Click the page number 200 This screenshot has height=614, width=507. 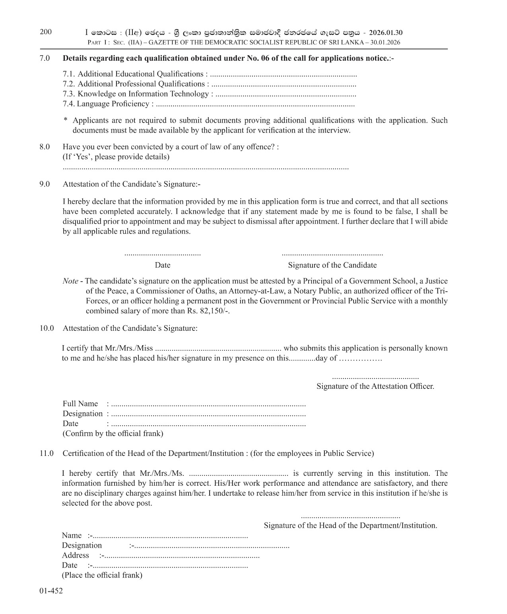click(x=46, y=32)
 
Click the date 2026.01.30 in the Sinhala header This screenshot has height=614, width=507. click(x=386, y=33)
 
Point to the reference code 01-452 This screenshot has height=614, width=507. click(x=51, y=591)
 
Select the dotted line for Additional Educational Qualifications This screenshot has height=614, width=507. click(x=283, y=75)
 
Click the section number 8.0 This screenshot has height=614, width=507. click(x=45, y=147)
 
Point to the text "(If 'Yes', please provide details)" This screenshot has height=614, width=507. click(x=116, y=157)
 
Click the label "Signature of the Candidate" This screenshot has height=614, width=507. click(x=332, y=265)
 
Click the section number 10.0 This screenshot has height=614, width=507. click(x=46, y=328)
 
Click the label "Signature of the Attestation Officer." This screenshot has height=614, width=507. click(x=375, y=386)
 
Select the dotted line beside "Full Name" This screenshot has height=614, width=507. click(x=208, y=405)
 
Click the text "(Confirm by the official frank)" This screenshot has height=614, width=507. click(x=113, y=433)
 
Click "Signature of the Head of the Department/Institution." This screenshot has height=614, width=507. click(x=350, y=525)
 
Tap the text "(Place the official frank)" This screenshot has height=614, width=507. click(x=102, y=575)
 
